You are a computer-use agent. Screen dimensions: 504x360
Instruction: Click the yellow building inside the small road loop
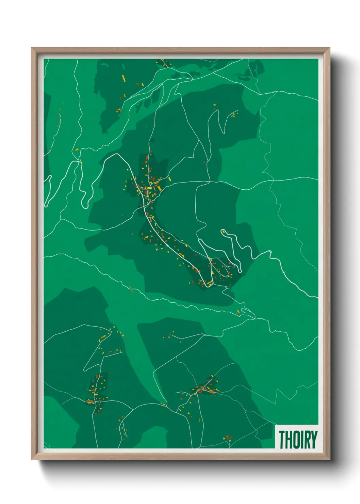149,188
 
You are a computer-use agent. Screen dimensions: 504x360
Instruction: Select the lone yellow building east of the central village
169,178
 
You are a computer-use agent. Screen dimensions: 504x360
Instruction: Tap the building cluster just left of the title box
227,438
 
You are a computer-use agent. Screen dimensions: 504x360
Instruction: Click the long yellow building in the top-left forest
124,78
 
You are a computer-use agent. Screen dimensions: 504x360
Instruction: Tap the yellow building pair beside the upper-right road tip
233,115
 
